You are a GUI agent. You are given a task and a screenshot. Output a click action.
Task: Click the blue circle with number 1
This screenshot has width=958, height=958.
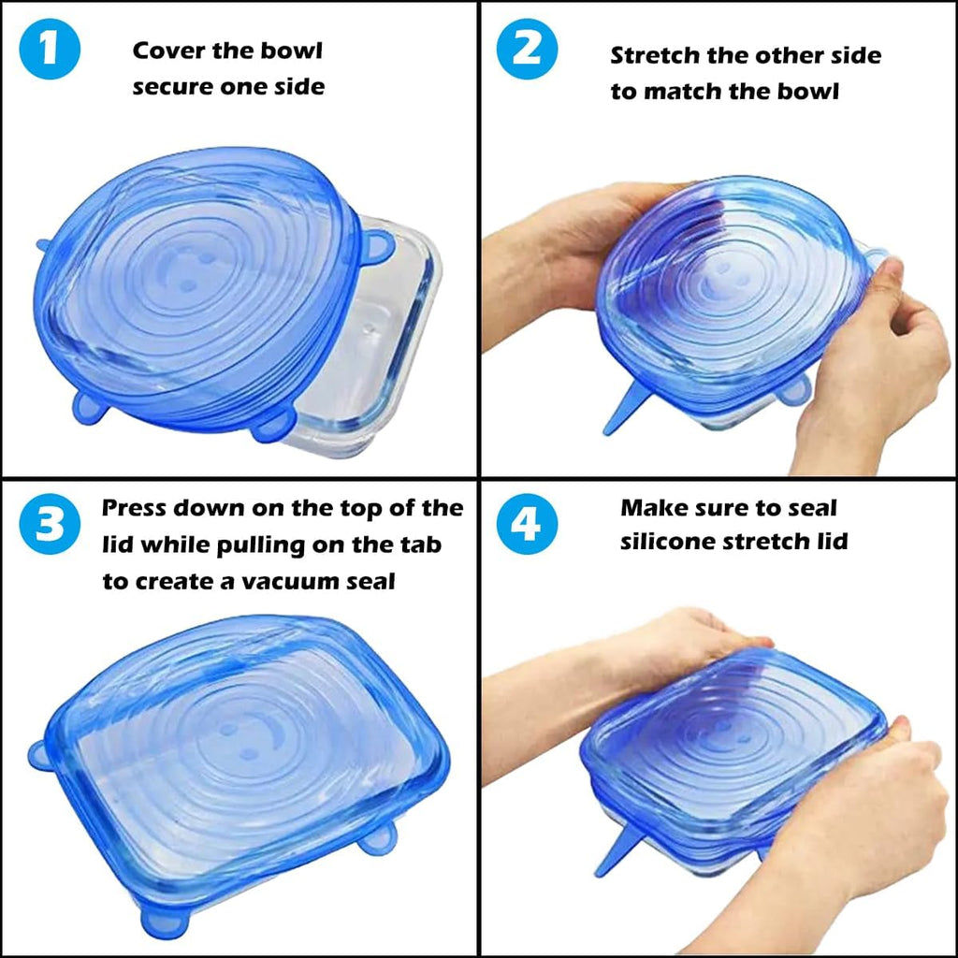tap(50, 49)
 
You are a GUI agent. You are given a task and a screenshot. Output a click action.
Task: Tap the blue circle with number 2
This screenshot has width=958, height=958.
tap(527, 49)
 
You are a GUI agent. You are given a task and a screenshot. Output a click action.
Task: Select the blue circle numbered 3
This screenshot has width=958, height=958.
tap(50, 524)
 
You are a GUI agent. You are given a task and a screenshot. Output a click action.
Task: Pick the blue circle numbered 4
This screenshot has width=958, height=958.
tap(527, 524)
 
